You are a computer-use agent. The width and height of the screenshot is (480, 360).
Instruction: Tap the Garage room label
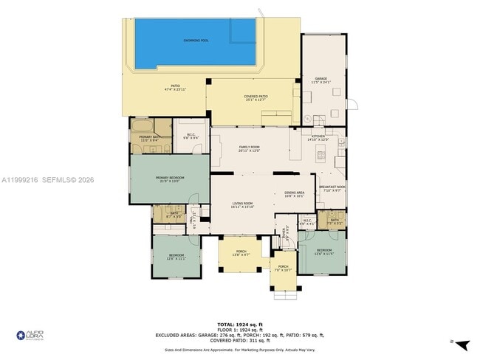click(321, 80)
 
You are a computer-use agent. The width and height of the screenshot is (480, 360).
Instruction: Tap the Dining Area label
click(295, 194)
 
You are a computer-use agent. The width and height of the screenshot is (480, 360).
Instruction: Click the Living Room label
click(243, 205)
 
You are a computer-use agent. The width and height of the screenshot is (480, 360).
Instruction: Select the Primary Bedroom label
click(168, 179)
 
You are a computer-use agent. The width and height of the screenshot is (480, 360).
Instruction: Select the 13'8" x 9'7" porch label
click(241, 253)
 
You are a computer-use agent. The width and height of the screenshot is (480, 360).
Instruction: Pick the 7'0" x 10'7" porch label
click(284, 269)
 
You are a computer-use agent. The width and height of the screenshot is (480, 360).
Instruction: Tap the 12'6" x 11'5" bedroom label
click(323, 252)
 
